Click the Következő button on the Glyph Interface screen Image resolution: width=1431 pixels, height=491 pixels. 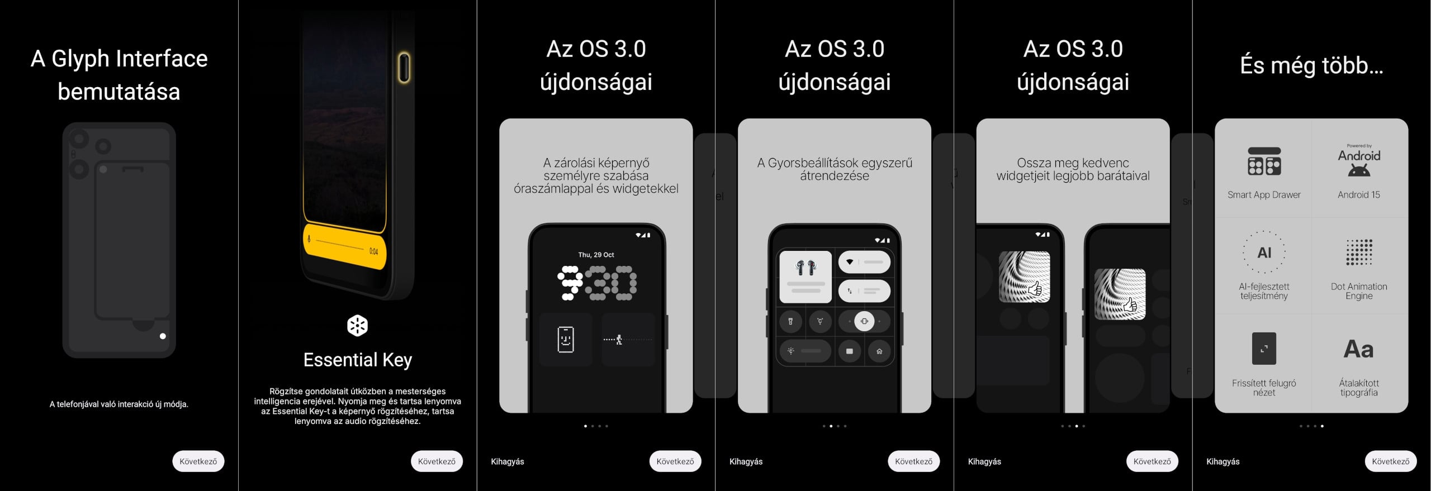pyautogui.click(x=198, y=461)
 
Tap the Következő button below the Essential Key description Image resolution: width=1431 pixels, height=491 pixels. pyautogui.click(x=437, y=461)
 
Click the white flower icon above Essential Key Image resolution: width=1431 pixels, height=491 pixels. pyautogui.click(x=357, y=326)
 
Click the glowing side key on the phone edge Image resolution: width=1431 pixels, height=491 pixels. pyautogui.click(x=404, y=67)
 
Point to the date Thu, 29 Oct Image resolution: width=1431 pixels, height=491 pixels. pyautogui.click(x=596, y=255)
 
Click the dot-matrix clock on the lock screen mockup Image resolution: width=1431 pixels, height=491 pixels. pyautogui.click(x=596, y=283)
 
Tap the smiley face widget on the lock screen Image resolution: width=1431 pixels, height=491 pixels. pyautogui.click(x=566, y=339)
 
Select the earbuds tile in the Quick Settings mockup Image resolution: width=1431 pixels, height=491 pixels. pyautogui.click(x=805, y=277)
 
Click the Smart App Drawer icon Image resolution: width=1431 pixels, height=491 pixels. pyautogui.click(x=1264, y=161)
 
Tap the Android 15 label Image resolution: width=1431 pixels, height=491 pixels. pyautogui.click(x=1359, y=195)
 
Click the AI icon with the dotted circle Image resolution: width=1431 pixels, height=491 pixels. pyautogui.click(x=1264, y=252)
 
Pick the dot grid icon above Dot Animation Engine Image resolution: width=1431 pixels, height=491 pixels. pyautogui.click(x=1359, y=252)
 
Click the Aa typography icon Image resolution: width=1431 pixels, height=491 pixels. pyautogui.click(x=1359, y=349)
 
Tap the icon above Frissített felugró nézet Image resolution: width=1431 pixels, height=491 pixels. pyautogui.click(x=1264, y=349)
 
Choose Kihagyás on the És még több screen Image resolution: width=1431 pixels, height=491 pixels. pyautogui.click(x=1223, y=461)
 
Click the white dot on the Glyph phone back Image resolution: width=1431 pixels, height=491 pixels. pyautogui.click(x=163, y=336)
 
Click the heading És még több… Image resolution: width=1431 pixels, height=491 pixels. pyautogui.click(x=1311, y=66)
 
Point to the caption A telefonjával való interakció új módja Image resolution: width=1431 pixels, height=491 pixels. pyautogui.click(x=119, y=404)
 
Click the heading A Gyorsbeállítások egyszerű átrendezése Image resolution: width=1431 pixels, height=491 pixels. pyautogui.click(x=835, y=169)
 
